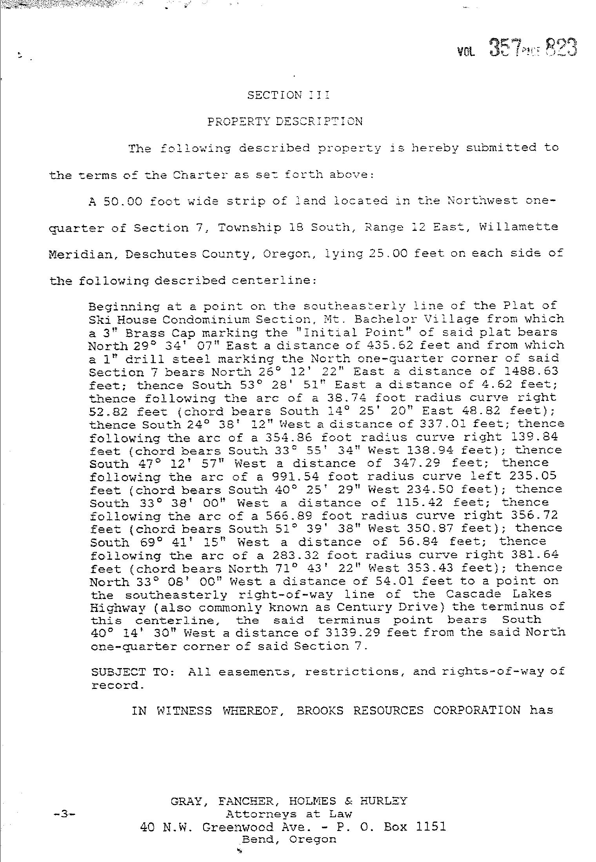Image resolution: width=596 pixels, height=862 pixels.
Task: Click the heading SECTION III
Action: tap(288, 95)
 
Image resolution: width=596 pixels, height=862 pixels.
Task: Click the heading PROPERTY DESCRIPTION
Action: tap(285, 121)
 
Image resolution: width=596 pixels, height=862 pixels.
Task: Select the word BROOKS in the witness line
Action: tap(320, 710)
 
